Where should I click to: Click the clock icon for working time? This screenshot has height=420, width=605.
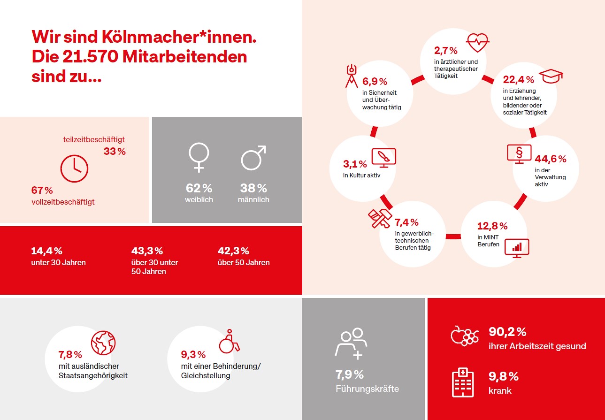[x=74, y=168]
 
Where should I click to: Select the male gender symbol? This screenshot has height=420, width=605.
[x=253, y=157]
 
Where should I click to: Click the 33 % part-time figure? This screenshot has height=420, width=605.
[x=115, y=152]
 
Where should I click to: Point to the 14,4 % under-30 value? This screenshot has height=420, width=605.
[x=46, y=251]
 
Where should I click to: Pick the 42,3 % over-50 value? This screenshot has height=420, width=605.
[x=233, y=251]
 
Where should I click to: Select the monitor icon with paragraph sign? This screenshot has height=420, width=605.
[x=519, y=154]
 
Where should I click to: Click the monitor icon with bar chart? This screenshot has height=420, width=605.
[x=516, y=247]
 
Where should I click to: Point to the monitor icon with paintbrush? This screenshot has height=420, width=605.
[x=383, y=158]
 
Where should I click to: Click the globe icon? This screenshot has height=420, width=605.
[x=103, y=343]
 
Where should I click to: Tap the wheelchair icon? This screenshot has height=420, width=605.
[x=230, y=341]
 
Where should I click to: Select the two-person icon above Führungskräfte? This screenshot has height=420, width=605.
[x=351, y=343]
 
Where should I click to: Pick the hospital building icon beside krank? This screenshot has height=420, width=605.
[x=462, y=382]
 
